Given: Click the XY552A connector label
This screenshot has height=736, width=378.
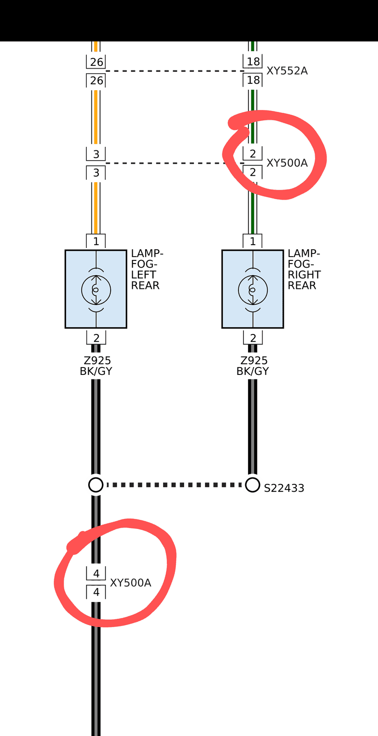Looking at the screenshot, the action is click(287, 71).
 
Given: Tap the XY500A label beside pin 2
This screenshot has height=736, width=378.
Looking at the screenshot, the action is click(287, 163).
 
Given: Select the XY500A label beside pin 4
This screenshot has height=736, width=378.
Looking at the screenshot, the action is click(130, 582).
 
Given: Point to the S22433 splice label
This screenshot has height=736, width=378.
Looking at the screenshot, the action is click(284, 488).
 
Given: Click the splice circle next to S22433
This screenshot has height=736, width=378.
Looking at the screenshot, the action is click(253, 485).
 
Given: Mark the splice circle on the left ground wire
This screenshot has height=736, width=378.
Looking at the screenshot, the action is click(96, 485).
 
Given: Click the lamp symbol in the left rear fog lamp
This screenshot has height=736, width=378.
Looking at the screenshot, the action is click(96, 290).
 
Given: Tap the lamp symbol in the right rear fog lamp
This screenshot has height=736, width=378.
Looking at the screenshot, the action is click(253, 290).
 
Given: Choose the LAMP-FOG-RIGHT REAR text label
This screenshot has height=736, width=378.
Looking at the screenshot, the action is click(304, 269).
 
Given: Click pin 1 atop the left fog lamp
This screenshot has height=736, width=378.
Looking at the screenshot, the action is click(96, 241).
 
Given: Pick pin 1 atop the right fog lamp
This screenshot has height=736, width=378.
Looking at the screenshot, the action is click(253, 241).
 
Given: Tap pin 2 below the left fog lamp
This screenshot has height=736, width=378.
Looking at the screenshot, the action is click(96, 338).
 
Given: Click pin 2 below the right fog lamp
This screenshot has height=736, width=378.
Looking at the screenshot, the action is click(253, 338).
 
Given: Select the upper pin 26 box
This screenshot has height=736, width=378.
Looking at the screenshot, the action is click(96, 62).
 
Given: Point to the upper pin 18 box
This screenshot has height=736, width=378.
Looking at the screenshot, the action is click(253, 62).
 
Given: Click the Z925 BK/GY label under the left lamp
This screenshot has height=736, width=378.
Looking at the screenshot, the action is click(96, 366).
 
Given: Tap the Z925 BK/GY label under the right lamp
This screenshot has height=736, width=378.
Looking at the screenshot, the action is click(253, 366).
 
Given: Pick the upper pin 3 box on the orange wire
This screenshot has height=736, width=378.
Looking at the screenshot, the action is click(96, 154).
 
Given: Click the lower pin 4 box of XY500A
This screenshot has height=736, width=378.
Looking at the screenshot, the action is click(96, 592).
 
